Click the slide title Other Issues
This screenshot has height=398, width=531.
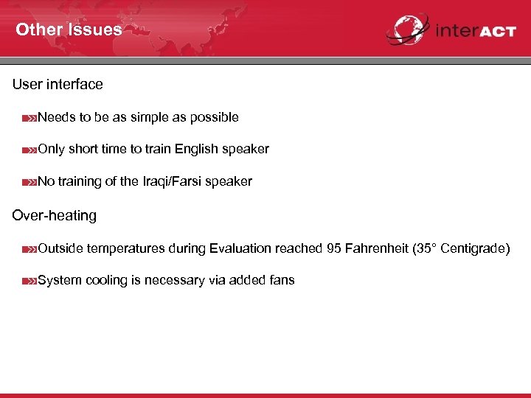(x=69, y=30)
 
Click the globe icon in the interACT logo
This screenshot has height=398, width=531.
(x=406, y=30)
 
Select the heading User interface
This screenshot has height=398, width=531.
(x=58, y=85)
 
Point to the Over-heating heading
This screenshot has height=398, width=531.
(x=55, y=216)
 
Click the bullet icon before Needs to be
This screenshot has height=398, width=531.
(x=29, y=118)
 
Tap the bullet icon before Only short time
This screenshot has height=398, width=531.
(x=29, y=150)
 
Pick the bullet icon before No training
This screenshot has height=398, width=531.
(x=29, y=182)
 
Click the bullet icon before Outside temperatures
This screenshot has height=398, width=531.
(x=29, y=249)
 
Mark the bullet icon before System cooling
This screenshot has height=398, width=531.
(x=29, y=281)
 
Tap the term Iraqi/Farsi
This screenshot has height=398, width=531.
(x=173, y=181)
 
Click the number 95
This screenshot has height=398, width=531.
(x=334, y=248)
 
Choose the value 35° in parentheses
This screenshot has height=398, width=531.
(x=426, y=248)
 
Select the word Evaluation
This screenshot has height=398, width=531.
(x=240, y=248)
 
